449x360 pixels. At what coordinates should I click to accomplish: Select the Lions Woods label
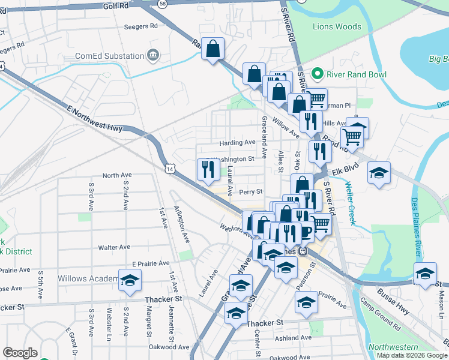click(337, 26)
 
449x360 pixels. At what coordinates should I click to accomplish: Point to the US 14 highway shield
click(171, 170)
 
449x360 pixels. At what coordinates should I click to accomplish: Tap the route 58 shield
click(163, 4)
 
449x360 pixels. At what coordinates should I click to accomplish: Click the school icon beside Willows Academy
click(129, 280)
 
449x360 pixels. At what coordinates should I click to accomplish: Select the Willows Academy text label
click(88, 279)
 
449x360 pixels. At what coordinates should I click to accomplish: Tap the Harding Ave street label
click(238, 143)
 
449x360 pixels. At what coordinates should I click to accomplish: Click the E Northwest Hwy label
click(95, 119)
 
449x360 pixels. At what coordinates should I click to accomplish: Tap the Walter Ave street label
click(114, 247)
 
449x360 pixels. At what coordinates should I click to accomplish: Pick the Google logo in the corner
click(19, 353)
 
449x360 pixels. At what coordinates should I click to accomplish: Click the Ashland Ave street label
click(291, 338)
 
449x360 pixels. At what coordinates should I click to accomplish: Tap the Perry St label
click(251, 193)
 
